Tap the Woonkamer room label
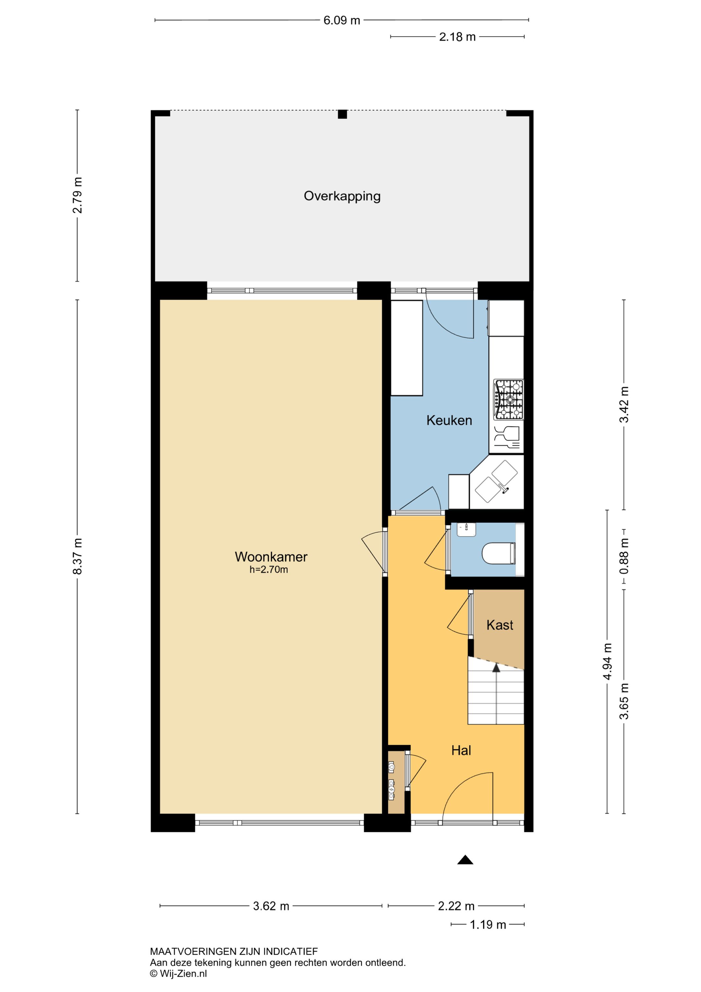coord(271,557)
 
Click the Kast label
coord(500,625)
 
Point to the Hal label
coord(461,751)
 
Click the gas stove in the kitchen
coord(509,400)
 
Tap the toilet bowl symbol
coord(498,553)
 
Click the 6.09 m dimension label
coord(341,20)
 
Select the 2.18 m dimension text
coord(457,37)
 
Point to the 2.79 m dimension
coord(77,195)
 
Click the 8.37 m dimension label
coord(77,557)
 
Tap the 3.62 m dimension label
coord(271,906)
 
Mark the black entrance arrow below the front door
coord(465,860)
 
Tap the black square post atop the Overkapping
coord(342,114)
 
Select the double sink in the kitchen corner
coord(497,482)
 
